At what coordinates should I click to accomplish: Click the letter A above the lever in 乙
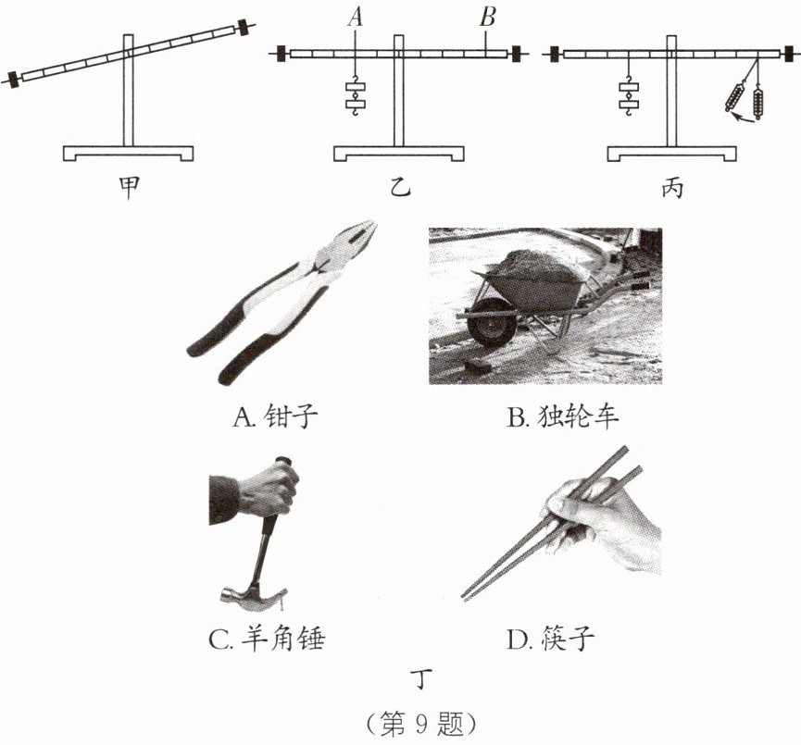pyautogui.click(x=355, y=17)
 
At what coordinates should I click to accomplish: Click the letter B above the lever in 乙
pyautogui.click(x=487, y=17)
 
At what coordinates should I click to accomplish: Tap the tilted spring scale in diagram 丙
pyautogui.click(x=734, y=96)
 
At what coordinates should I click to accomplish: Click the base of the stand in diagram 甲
pyautogui.click(x=128, y=154)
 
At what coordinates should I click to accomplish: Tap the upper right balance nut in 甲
pyautogui.click(x=244, y=28)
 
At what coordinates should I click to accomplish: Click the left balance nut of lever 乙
pyautogui.click(x=282, y=53)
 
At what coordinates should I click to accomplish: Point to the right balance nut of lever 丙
pyautogui.click(x=790, y=53)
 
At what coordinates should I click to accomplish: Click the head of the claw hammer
pyautogui.click(x=253, y=599)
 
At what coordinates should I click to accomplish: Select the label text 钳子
pyautogui.click(x=291, y=417)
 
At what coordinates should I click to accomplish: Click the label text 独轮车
pyautogui.click(x=578, y=417)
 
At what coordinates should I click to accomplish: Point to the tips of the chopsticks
pyautogui.click(x=465, y=595)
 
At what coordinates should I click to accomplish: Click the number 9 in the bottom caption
pyautogui.click(x=421, y=723)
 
